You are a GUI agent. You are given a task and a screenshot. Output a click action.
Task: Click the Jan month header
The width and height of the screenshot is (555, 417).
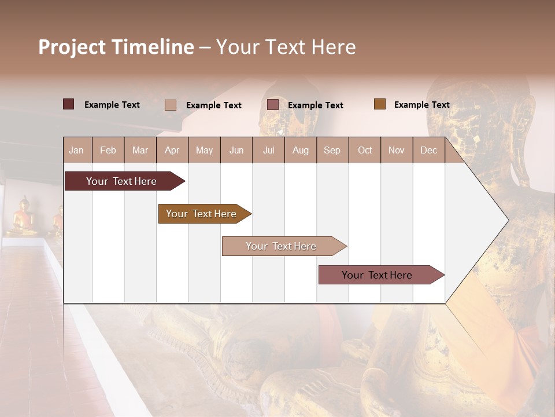pos(76,150)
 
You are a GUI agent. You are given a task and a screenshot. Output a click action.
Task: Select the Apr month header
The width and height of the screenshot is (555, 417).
pos(172,150)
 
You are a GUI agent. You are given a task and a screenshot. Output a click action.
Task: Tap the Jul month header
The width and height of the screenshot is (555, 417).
pos(268,150)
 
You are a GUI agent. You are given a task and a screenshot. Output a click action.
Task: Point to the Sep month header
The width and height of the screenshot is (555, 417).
pos(332,150)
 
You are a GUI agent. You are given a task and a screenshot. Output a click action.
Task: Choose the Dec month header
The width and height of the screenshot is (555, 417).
pos(428,150)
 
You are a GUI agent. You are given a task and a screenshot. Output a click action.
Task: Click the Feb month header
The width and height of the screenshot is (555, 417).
pos(108,150)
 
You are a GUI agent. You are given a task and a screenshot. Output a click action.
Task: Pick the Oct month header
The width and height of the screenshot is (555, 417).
pos(365,150)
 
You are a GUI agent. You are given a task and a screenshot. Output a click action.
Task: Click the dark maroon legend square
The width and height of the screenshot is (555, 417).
pos(69,104)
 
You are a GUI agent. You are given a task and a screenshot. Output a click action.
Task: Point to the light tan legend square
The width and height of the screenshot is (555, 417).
pos(171,105)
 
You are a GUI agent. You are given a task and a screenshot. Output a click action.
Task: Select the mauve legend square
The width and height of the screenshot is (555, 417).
pos(273,105)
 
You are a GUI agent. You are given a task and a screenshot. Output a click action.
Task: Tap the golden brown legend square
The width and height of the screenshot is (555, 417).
pos(380,104)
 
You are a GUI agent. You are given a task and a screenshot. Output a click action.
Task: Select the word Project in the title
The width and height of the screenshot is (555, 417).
pos(72,47)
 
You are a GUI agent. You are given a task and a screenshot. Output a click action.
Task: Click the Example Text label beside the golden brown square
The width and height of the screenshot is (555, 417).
pos(421,105)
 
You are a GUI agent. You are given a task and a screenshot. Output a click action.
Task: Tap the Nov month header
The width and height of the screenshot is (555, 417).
pos(397,150)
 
